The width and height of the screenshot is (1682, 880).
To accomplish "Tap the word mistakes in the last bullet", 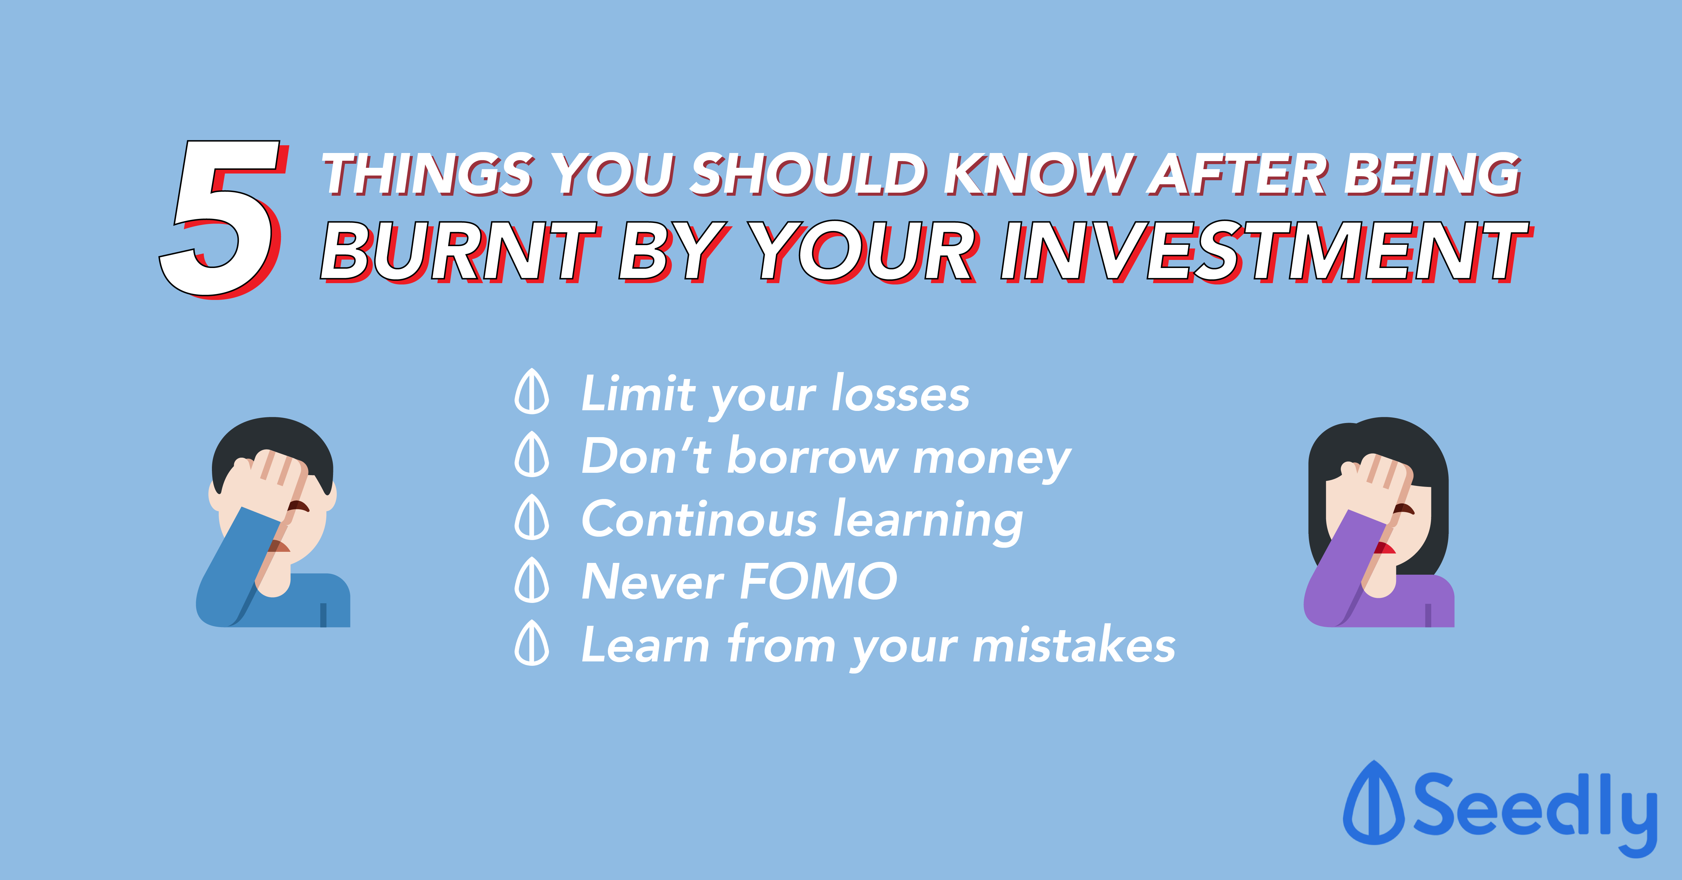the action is (x=1074, y=644).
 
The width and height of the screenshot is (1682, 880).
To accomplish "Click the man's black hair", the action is (x=273, y=444).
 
